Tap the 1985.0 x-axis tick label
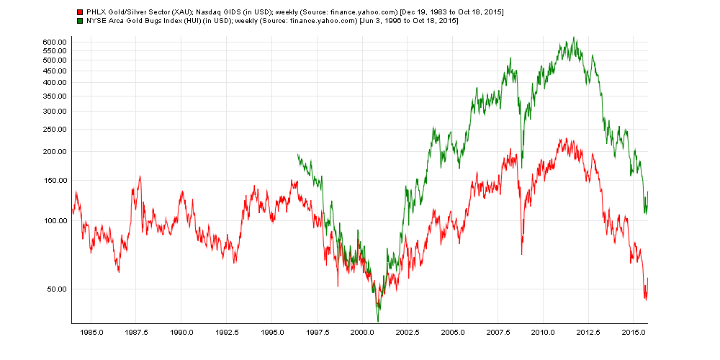pyautogui.click(x=91, y=332)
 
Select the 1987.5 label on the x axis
pyautogui.click(x=137, y=332)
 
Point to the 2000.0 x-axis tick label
pyautogui.click(x=362, y=332)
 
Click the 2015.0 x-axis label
pyautogui.click(x=633, y=332)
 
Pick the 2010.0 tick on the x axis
pyautogui.click(x=543, y=332)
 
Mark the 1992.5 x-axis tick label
pyautogui.click(x=227, y=332)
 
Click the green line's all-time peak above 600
pyautogui.click(x=573, y=37)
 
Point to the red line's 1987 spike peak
pyautogui.click(x=140, y=176)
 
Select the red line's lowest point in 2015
pyautogui.click(x=645, y=300)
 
